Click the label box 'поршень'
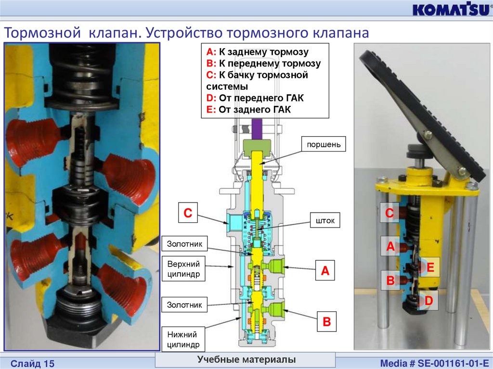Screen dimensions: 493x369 [x=324, y=144]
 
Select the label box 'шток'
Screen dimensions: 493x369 [x=325, y=220]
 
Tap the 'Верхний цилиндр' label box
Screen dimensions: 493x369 [x=183, y=269]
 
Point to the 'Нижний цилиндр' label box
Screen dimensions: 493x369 [x=183, y=339]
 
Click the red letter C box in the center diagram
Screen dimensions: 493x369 [x=188, y=213]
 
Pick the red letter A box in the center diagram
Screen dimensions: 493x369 [x=325, y=270]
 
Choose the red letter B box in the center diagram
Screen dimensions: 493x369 [x=327, y=321]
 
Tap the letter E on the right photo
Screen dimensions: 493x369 [x=430, y=267]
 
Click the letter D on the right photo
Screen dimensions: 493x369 [x=429, y=301]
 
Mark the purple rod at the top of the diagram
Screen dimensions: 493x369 [x=257, y=129]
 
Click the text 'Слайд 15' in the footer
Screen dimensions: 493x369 [x=32, y=363]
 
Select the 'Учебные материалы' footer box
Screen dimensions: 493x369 [x=246, y=359]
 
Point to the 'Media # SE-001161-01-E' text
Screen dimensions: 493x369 [x=435, y=363]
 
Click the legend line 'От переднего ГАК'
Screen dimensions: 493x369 [x=255, y=98]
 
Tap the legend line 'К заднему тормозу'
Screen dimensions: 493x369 [x=258, y=52]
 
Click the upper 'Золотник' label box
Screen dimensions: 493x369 [x=184, y=243]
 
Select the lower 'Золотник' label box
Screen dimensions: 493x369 [x=184, y=305]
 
